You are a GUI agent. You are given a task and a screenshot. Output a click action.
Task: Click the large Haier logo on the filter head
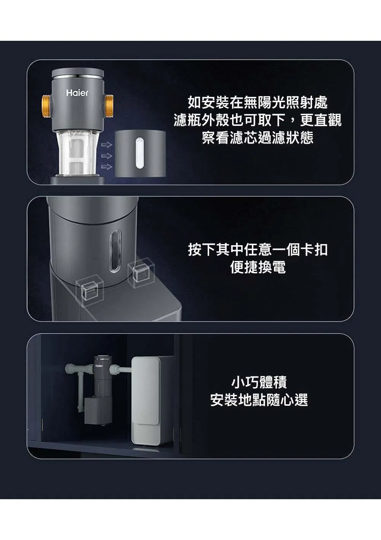pyautogui.click(x=77, y=93)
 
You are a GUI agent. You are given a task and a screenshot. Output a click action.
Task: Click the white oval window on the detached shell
pyautogui.click(x=139, y=153)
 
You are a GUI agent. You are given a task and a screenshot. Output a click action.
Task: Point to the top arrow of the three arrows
pyautogui.click(x=107, y=145)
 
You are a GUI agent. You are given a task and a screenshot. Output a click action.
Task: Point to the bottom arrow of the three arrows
pyautogui.click(x=107, y=167)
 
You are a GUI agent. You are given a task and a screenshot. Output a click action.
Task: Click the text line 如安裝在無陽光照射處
pyautogui.click(x=258, y=102)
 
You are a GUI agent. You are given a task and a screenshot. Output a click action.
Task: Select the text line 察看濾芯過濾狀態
pyautogui.click(x=258, y=137)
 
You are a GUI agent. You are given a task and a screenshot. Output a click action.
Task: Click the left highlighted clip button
pyautogui.click(x=90, y=291)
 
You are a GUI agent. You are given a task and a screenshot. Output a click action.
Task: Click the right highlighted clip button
pyautogui.click(x=141, y=273)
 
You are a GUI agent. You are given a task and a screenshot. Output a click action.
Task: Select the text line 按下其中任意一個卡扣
pyautogui.click(x=258, y=249)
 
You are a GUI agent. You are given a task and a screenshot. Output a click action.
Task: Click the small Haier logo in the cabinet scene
pyautogui.click(x=99, y=366)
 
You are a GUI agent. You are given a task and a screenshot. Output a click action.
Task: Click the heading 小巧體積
pyautogui.click(x=259, y=382)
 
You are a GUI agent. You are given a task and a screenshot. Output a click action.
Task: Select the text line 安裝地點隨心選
pyautogui.click(x=259, y=400)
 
